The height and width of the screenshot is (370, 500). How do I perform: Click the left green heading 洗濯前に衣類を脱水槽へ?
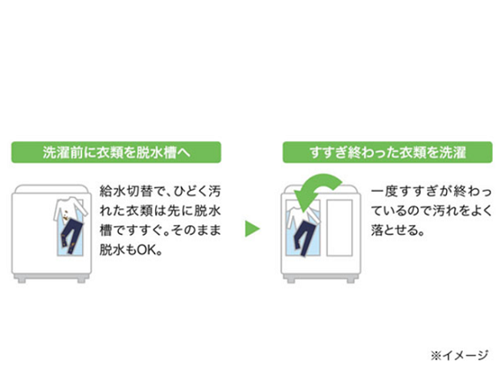(x=116, y=152)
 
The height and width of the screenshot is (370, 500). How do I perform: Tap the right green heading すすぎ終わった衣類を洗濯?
(x=387, y=152)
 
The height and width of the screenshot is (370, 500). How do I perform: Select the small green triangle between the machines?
(x=252, y=229)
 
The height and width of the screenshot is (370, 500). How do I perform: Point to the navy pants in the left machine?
(x=71, y=236)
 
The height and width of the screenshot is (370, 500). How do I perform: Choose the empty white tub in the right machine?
(x=340, y=228)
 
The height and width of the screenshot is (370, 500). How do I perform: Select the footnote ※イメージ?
(x=459, y=355)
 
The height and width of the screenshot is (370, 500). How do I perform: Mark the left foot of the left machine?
(x=22, y=280)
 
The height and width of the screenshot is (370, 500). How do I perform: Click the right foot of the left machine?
(x=81, y=280)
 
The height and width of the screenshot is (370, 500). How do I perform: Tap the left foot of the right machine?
(x=291, y=280)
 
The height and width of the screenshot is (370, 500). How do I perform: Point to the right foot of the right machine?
(x=350, y=280)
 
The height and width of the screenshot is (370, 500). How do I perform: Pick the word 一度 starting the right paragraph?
(x=384, y=192)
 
